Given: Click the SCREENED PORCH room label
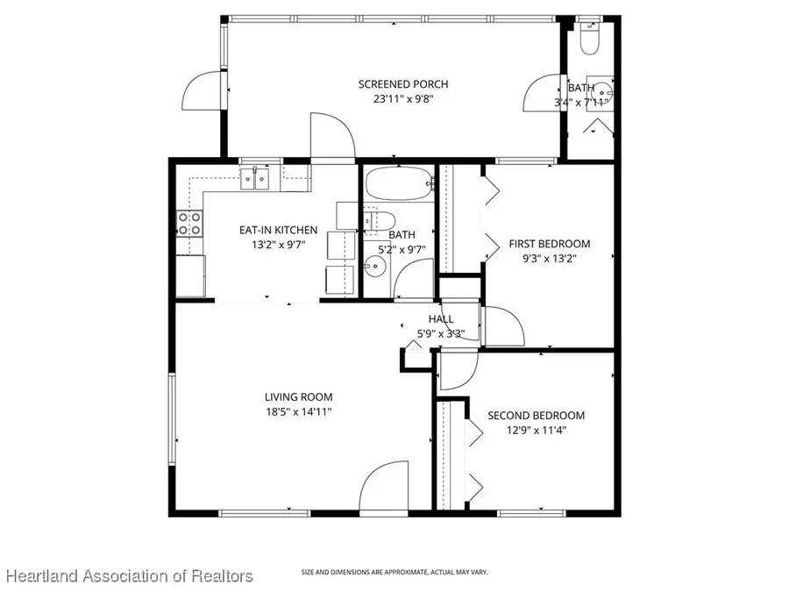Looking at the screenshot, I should [x=403, y=84].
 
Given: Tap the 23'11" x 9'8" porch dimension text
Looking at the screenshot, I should [x=403, y=99].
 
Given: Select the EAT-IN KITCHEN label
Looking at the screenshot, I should [x=273, y=231].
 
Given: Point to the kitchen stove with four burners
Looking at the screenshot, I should [x=189, y=224].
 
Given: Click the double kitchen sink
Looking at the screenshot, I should [x=256, y=181].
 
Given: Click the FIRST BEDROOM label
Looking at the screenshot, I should [x=550, y=244].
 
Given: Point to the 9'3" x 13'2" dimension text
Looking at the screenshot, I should [x=550, y=259].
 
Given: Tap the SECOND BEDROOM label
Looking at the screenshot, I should [x=536, y=416].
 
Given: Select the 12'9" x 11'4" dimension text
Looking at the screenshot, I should [x=536, y=431].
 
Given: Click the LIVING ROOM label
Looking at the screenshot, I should [x=299, y=396].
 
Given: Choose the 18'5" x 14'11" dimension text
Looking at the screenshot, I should [x=299, y=411].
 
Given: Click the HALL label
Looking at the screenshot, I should [x=441, y=318].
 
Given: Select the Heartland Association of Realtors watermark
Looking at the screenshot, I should [x=130, y=575].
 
